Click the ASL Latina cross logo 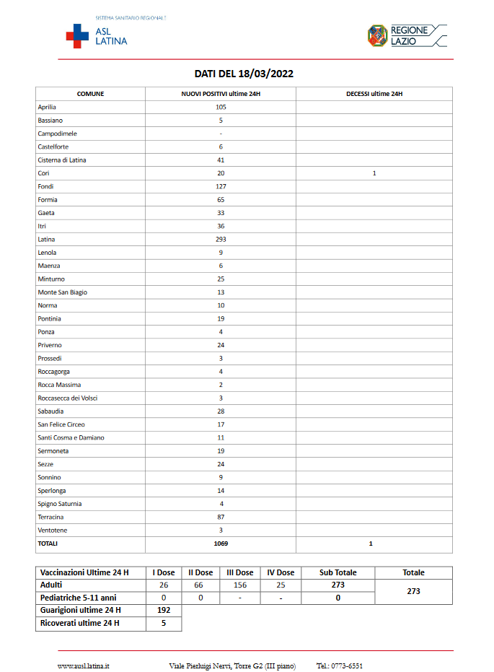pos(77,35)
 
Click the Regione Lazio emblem pos(377,35)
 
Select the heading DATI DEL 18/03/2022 pos(244,74)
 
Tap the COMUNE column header pos(90,94)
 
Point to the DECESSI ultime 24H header pos(374,94)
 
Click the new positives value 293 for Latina pos(221,240)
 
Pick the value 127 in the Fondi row pos(221,186)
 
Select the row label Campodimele pos(57,134)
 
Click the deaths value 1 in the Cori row pos(374,173)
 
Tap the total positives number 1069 pos(221,544)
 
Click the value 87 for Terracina pos(221,518)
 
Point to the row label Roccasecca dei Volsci pos(67,398)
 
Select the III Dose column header pos(239,572)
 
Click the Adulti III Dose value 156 pos(239,585)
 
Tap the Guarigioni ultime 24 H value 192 pos(164,610)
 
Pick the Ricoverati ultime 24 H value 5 pos(164,623)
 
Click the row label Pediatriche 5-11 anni pos(79,598)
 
